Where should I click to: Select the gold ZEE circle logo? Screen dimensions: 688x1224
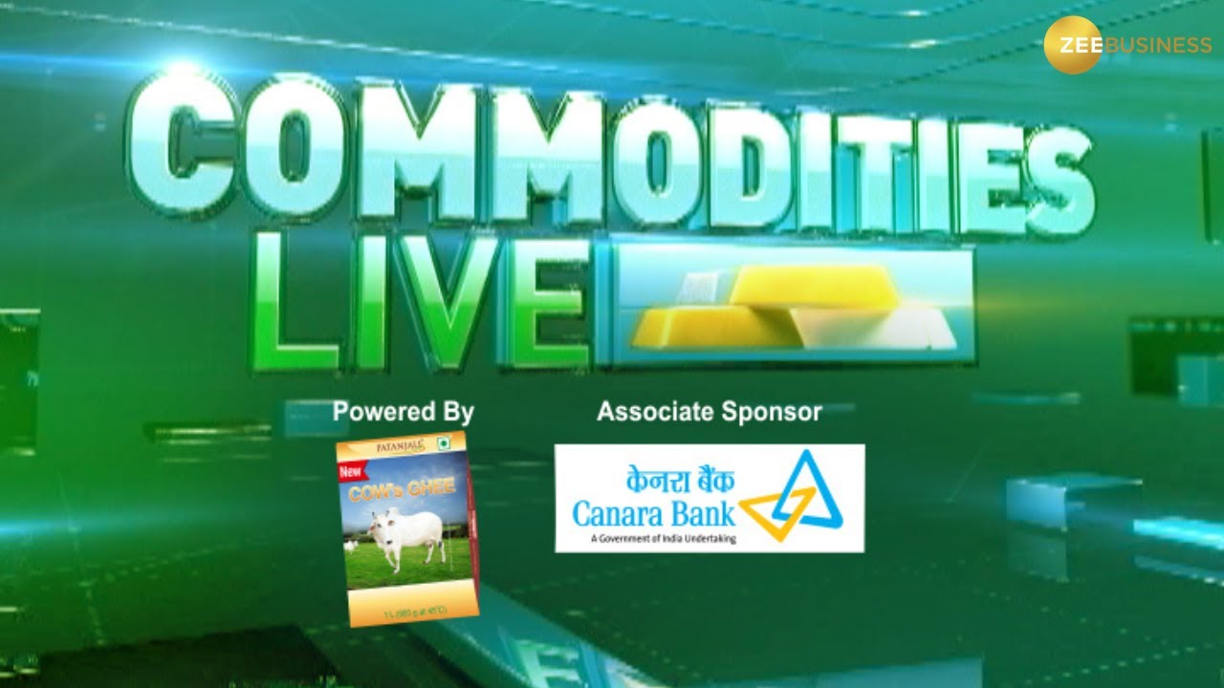(1072, 45)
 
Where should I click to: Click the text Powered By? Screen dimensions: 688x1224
(403, 412)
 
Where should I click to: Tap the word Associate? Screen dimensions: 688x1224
(654, 412)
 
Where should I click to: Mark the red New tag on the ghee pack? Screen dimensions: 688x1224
(352, 471)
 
